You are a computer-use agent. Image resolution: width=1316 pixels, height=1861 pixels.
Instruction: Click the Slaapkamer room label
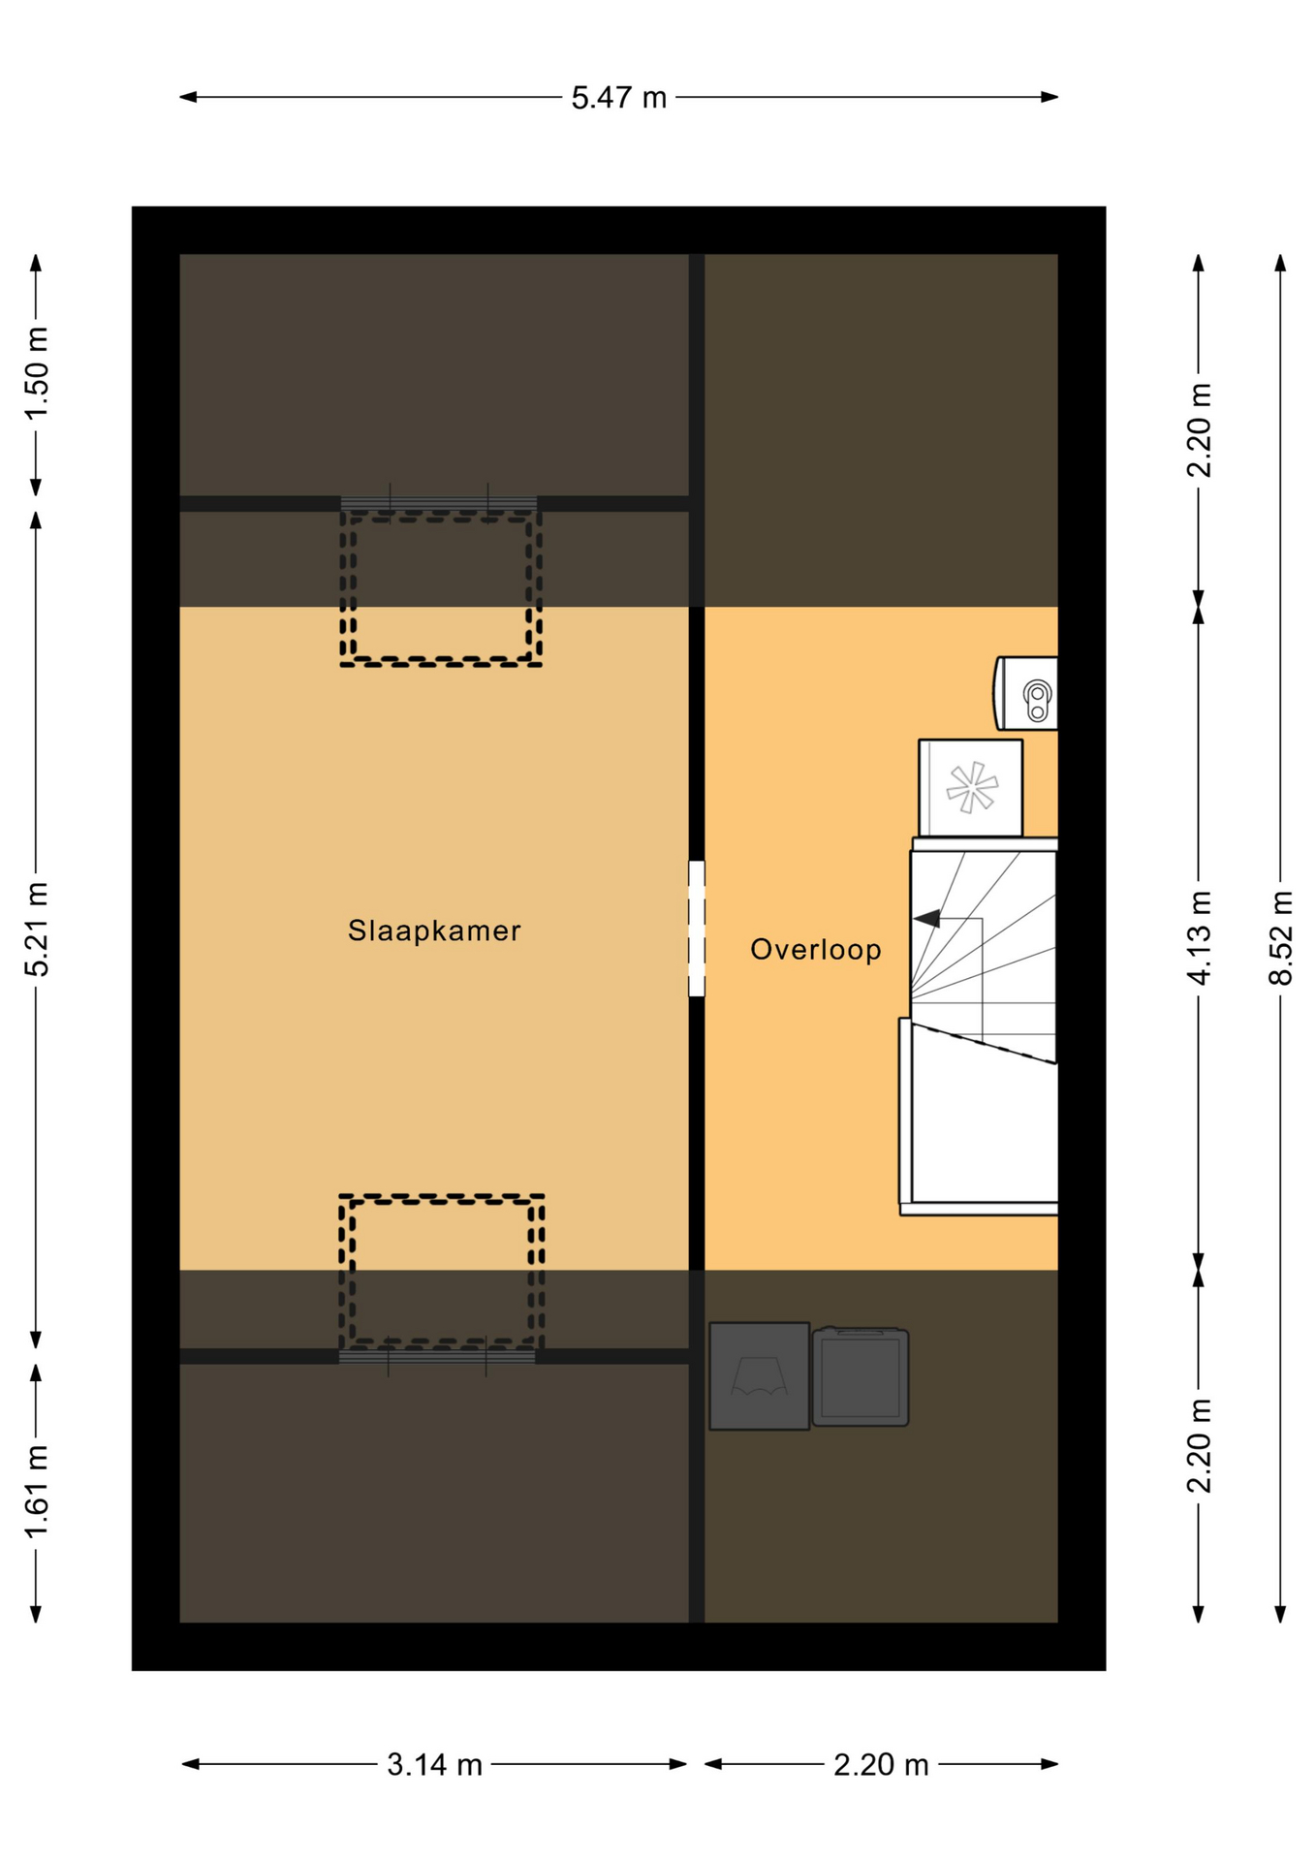pyautogui.click(x=434, y=930)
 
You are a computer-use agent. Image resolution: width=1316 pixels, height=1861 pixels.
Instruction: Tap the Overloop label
pyautogui.click(x=816, y=949)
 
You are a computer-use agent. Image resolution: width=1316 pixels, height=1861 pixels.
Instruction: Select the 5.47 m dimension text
pyautogui.click(x=618, y=98)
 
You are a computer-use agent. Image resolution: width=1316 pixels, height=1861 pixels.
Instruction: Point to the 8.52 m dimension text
pyautogui.click(x=1280, y=937)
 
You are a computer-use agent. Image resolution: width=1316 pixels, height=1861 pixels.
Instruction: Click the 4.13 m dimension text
pyautogui.click(x=1199, y=937)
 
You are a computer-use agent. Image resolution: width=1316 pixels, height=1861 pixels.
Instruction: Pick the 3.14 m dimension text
pyautogui.click(x=434, y=1765)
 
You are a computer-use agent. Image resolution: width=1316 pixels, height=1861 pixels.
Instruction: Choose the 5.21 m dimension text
pyautogui.click(x=37, y=929)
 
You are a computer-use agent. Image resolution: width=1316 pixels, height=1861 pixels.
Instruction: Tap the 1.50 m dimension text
pyautogui.click(x=37, y=373)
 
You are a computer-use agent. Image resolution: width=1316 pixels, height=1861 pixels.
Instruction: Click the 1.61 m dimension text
pyautogui.click(x=37, y=1491)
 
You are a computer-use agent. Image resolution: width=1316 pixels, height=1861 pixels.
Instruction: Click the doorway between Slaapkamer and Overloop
pyautogui.click(x=697, y=929)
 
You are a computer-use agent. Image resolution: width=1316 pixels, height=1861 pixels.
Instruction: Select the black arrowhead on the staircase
pyautogui.click(x=927, y=918)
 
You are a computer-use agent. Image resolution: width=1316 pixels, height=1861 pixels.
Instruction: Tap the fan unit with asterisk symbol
pyautogui.click(x=970, y=787)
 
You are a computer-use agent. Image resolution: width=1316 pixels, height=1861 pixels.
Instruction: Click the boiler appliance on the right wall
pyautogui.click(x=1026, y=693)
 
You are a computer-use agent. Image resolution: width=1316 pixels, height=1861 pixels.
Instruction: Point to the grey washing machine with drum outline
pyautogui.click(x=760, y=1375)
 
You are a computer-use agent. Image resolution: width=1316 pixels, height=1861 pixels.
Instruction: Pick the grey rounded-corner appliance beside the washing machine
pyautogui.click(x=861, y=1376)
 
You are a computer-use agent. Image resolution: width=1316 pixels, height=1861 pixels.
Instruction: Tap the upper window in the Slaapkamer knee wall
pyautogui.click(x=439, y=503)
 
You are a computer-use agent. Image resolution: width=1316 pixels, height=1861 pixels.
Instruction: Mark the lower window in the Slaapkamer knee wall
pyautogui.click(x=437, y=1356)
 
